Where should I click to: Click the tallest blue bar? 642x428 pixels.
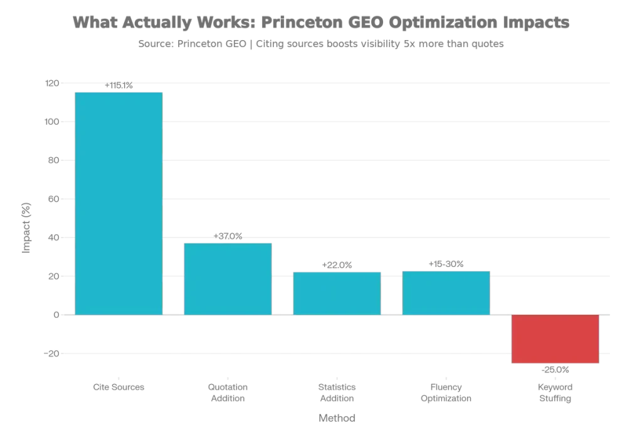pyautogui.click(x=119, y=202)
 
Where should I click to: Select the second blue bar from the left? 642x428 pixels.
pyautogui.click(x=227, y=277)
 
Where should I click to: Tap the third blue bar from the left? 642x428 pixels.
pyautogui.click(x=337, y=292)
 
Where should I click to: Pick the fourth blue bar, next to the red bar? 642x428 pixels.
pyautogui.click(x=446, y=292)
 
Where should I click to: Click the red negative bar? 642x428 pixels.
pyautogui.click(x=555, y=339)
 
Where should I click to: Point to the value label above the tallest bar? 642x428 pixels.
pyautogui.click(x=118, y=85)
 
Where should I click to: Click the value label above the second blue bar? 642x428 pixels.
pyautogui.click(x=228, y=236)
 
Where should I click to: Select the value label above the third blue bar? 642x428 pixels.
pyautogui.click(x=337, y=266)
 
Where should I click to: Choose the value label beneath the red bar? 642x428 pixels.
pyautogui.click(x=555, y=371)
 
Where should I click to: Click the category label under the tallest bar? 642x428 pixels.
pyautogui.click(x=118, y=385)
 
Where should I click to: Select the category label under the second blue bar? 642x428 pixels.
pyautogui.click(x=228, y=392)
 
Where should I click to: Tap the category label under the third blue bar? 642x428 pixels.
pyautogui.click(x=337, y=392)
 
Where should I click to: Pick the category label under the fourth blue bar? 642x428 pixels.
pyautogui.click(x=446, y=392)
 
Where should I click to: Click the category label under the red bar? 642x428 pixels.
pyautogui.click(x=555, y=392)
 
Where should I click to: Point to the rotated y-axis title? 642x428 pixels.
pyautogui.click(x=26, y=227)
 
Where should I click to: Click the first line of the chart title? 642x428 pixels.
pyautogui.click(x=320, y=23)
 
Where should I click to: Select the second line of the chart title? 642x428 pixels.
pyautogui.click(x=320, y=45)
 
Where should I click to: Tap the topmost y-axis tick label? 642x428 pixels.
pyautogui.click(x=51, y=82)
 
